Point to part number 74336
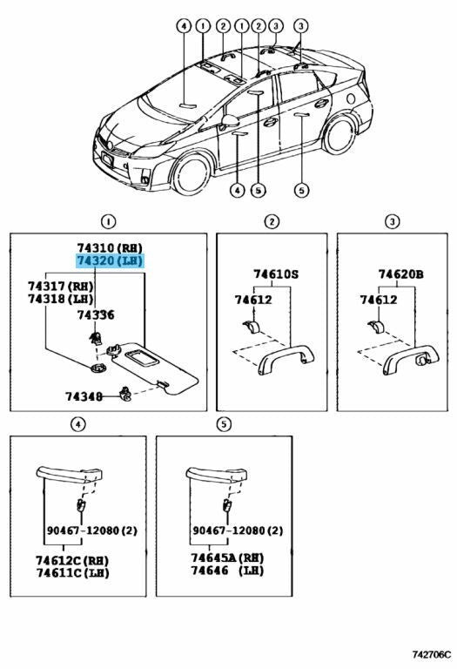[95, 314]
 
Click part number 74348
[84, 396]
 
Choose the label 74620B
[400, 274]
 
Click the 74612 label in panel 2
[253, 300]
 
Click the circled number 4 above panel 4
[77, 424]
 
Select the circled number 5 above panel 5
[224, 424]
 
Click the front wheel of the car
[191, 174]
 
